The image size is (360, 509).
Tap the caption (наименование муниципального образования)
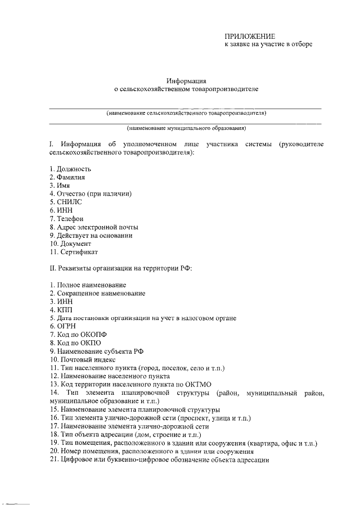tap(186, 128)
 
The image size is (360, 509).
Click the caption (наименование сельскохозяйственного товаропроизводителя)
tap(186, 113)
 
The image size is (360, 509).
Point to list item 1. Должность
tap(70, 169)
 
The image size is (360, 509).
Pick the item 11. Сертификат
tap(74, 252)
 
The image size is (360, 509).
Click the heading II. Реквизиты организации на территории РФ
tap(121, 268)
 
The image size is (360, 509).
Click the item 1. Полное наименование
tap(87, 285)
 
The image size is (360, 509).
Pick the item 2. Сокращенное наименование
tap(97, 293)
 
